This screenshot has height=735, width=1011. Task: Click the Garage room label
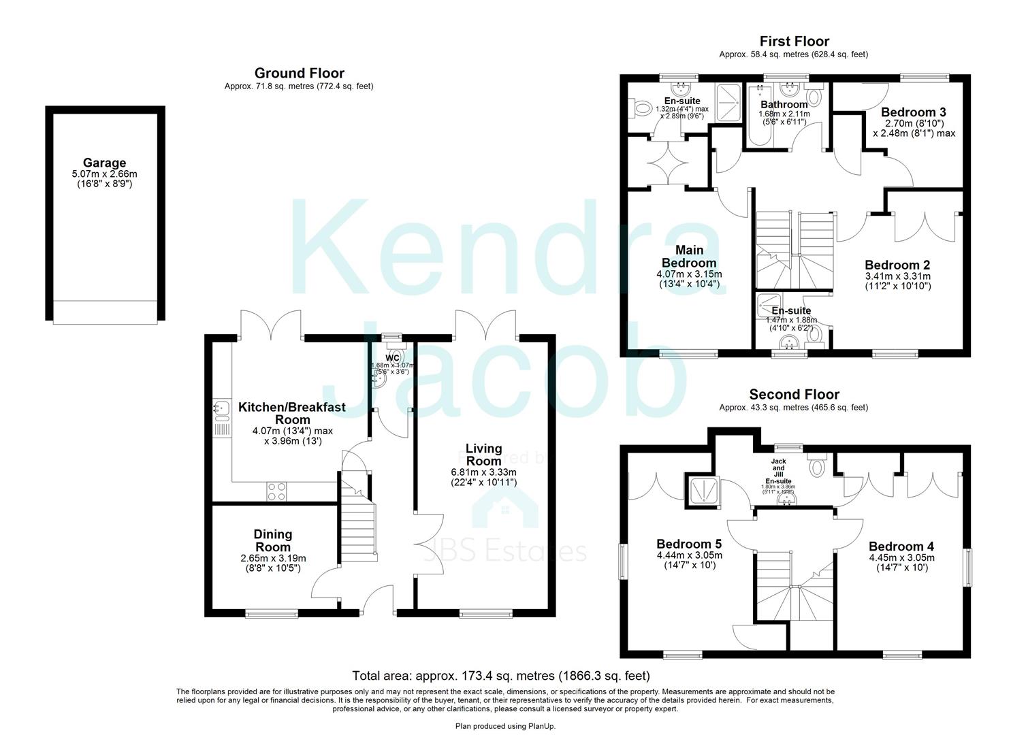click(104, 163)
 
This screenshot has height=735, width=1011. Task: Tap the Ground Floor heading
click(299, 73)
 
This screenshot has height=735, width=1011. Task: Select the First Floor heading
click(794, 42)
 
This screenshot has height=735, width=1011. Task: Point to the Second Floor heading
click(794, 395)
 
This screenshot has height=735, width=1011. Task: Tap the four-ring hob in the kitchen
click(276, 491)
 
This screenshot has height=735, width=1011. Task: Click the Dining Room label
click(273, 540)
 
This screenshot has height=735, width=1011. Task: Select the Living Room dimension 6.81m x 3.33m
click(483, 473)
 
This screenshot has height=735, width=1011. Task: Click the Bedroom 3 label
click(913, 112)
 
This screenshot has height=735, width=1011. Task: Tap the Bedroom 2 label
click(897, 265)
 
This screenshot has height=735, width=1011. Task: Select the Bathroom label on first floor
click(784, 104)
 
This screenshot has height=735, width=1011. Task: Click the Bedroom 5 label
click(688, 544)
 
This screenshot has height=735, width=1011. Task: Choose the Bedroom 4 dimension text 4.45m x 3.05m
click(901, 557)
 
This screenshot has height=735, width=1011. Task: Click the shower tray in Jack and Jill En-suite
click(701, 491)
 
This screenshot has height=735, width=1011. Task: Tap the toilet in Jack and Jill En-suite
click(816, 466)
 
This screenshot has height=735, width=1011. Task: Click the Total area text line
click(500, 676)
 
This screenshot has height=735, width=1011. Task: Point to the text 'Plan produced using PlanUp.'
click(505, 726)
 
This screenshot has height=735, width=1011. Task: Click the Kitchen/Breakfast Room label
click(292, 413)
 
